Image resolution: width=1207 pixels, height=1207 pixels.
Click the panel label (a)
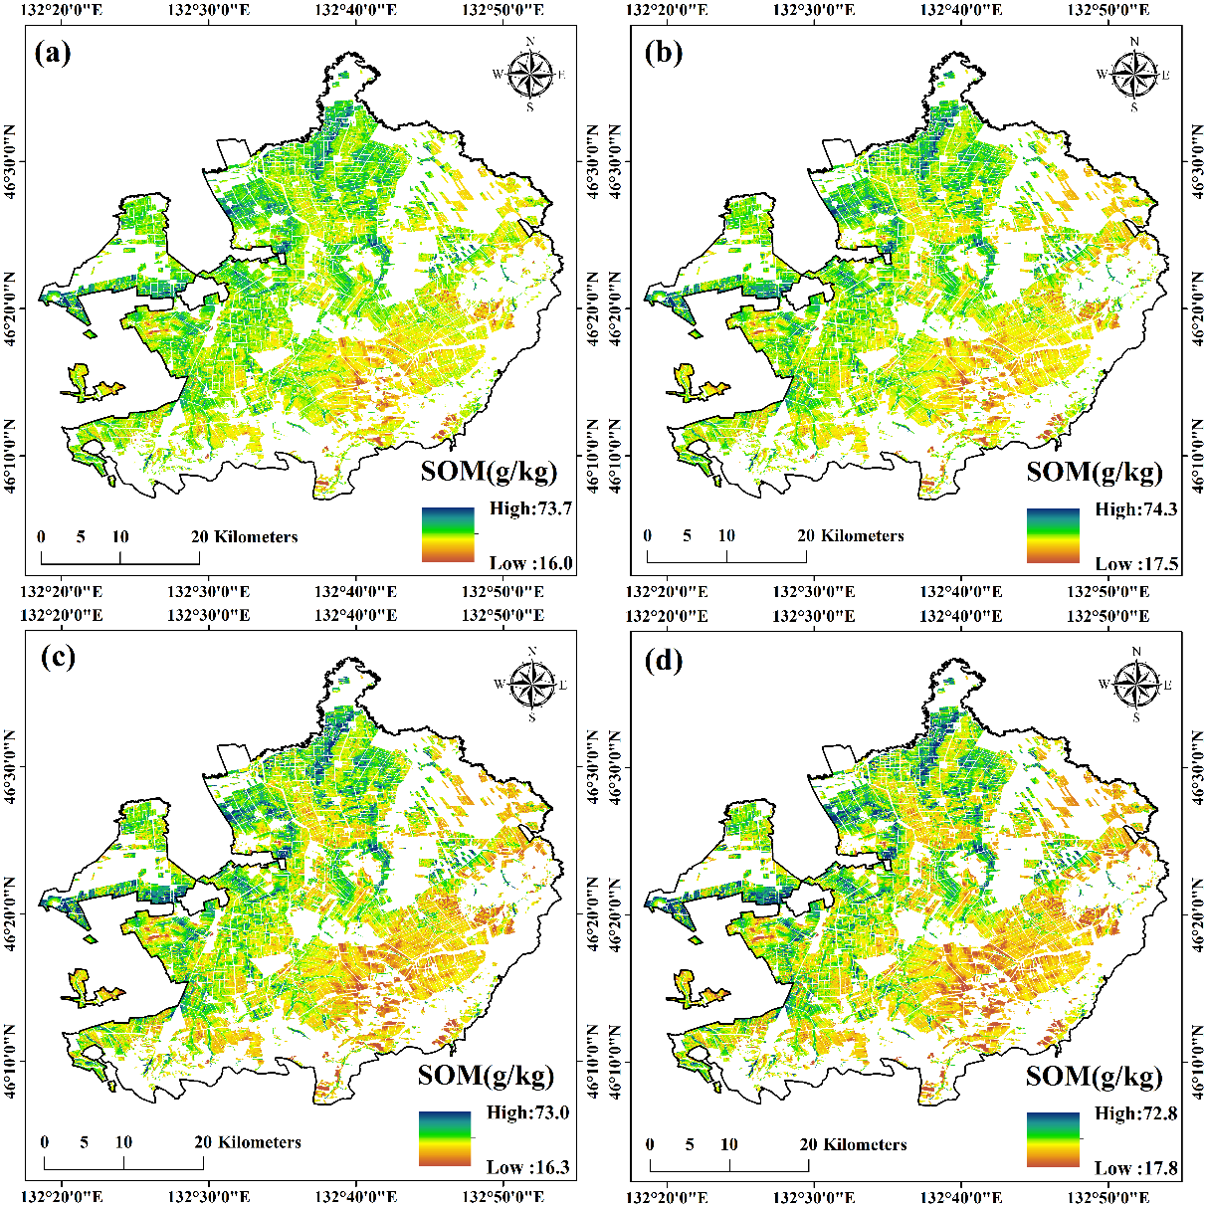tap(53, 53)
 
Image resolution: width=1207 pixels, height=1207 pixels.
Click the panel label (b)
tap(663, 53)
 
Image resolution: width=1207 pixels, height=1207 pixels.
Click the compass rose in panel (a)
tap(531, 73)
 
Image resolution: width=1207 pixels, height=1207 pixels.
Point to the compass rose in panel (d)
tap(1135, 684)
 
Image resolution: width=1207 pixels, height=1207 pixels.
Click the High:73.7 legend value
tap(531, 509)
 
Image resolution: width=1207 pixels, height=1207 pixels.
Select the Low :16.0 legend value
tap(530, 563)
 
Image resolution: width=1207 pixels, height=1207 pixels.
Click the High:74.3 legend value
tap(1136, 509)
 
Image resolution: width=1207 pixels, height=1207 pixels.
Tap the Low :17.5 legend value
tap(1136, 564)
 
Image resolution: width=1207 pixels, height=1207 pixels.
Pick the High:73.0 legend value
tap(527, 1112)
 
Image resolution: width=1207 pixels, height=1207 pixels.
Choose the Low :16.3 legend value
tap(527, 1167)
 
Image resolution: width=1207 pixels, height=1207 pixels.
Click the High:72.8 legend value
tap(1136, 1113)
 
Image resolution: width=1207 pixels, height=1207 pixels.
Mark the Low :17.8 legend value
tap(1136, 1168)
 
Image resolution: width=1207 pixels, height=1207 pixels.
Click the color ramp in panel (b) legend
tap(1053, 535)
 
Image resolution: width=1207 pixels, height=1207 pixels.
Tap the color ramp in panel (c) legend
tap(444, 1138)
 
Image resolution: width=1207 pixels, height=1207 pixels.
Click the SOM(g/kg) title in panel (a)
tap(489, 471)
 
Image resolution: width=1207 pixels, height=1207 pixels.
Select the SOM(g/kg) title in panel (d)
tap(1095, 1076)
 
